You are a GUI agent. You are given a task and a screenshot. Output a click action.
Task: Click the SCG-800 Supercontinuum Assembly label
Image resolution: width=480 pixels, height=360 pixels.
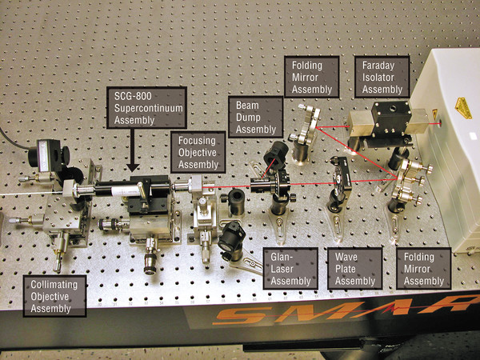[146, 108]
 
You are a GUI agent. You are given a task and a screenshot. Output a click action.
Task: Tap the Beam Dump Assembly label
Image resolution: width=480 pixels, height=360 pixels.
[256, 118]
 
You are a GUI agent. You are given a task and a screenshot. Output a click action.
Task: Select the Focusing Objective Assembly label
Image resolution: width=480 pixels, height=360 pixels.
[198, 153]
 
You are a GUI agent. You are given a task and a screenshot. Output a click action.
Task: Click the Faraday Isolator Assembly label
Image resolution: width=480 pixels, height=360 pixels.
[382, 77]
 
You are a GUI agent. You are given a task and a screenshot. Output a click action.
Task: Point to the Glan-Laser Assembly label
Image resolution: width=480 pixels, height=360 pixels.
[290, 269]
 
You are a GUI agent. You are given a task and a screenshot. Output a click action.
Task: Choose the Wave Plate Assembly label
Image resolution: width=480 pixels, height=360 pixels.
[354, 269]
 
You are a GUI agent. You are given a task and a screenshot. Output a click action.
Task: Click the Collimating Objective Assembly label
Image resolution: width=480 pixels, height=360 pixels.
[54, 296]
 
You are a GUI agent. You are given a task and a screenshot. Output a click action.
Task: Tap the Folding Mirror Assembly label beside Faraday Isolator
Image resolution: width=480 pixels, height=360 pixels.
[312, 77]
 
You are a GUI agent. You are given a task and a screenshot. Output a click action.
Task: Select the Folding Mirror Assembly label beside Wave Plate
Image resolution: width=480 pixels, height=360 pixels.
[424, 269]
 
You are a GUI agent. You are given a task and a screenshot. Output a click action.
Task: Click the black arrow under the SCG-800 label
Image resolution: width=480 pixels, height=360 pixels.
[133, 150]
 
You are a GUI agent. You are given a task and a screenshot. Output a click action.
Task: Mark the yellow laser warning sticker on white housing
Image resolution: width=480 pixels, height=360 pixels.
[463, 108]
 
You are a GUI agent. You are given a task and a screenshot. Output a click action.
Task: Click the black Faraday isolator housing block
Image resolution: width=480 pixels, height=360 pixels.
[391, 118]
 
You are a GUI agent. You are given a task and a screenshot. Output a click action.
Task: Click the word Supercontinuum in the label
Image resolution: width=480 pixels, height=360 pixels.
[149, 108]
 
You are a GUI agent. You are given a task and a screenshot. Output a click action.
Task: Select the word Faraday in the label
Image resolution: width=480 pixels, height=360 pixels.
[378, 66]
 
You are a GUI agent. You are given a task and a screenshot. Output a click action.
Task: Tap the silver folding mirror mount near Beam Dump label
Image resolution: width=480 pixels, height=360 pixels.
[308, 126]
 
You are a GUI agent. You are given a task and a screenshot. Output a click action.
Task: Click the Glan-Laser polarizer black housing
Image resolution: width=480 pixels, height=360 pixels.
[270, 183]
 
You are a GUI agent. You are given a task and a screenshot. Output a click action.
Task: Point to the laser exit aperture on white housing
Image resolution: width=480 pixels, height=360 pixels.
[440, 123]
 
